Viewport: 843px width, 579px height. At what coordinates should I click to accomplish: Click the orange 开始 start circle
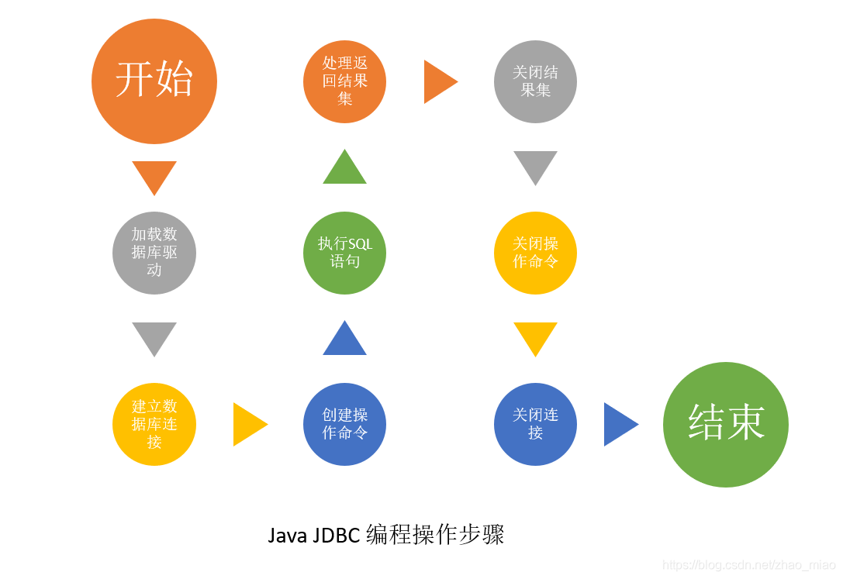pyautogui.click(x=154, y=81)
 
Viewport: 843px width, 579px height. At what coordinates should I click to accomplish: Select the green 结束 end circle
pyautogui.click(x=726, y=425)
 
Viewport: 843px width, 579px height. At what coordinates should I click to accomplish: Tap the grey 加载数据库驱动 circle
pyautogui.click(x=154, y=253)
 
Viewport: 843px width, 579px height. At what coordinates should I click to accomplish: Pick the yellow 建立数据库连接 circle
pyautogui.click(x=154, y=424)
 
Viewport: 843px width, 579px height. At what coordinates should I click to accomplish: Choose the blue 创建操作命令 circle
pyautogui.click(x=344, y=424)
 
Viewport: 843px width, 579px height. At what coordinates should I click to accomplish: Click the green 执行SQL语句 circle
pyautogui.click(x=344, y=253)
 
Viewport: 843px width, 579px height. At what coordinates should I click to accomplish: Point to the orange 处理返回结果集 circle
pyautogui.click(x=344, y=81)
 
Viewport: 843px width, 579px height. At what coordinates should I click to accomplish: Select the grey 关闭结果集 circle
pyautogui.click(x=535, y=81)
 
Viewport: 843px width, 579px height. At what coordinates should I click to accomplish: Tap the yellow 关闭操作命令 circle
pyautogui.click(x=535, y=253)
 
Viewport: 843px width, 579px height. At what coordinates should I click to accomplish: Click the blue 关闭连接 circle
pyautogui.click(x=535, y=424)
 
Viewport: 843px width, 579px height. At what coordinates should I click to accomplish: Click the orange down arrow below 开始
pyautogui.click(x=154, y=175)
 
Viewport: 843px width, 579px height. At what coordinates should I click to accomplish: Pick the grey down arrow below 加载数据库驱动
pyautogui.click(x=154, y=336)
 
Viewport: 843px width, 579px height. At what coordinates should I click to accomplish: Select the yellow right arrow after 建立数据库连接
pyautogui.click(x=247, y=424)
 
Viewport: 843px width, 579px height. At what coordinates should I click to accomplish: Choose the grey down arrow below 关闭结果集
pyautogui.click(x=535, y=165)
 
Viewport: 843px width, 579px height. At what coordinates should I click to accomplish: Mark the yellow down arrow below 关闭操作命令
pyautogui.click(x=535, y=336)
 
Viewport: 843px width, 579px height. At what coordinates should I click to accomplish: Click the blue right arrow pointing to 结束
pyautogui.click(x=618, y=424)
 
